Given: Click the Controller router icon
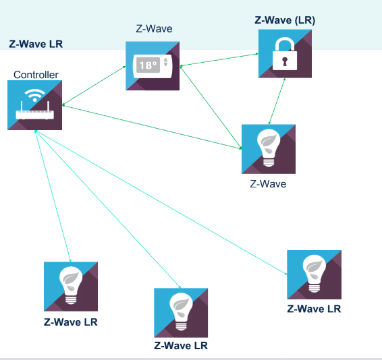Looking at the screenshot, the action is click(34, 105).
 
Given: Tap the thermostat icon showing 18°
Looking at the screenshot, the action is click(153, 66).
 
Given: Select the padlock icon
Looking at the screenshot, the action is click(285, 54).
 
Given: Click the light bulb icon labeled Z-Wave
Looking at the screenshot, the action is click(269, 149).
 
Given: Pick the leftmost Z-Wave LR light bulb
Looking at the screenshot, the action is click(71, 287).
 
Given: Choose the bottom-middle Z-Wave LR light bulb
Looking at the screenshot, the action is click(181, 313).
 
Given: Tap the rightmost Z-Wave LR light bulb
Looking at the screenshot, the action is click(314, 274).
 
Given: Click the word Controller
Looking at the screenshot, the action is click(36, 75).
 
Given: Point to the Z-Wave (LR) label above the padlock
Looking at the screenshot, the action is click(285, 20).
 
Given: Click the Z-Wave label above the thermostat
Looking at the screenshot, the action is click(154, 29).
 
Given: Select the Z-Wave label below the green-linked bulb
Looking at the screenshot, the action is click(268, 184).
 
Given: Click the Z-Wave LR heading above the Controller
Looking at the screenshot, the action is click(36, 44).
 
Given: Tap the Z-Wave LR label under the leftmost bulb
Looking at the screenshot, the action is click(71, 322).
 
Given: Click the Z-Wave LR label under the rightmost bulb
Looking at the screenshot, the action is click(314, 309).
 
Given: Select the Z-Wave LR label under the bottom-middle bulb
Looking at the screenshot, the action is click(181, 346).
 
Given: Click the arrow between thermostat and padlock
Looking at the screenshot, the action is click(219, 60).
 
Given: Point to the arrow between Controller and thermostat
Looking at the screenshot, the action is click(94, 86).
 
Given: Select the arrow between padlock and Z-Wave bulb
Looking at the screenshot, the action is click(277, 101).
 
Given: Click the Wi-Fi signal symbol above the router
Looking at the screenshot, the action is click(35, 95).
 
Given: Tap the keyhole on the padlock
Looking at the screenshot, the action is click(285, 61).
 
